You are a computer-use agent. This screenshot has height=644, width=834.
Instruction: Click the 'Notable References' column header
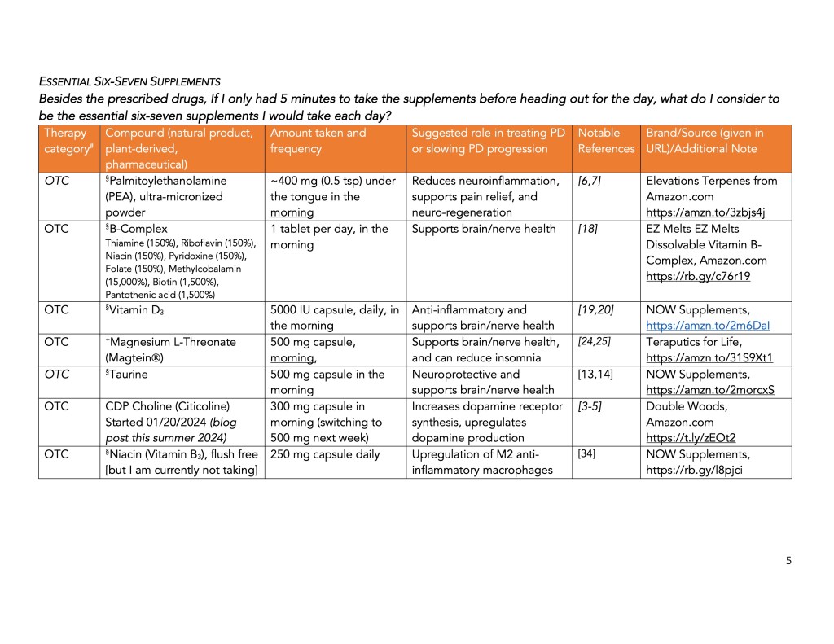tap(605, 141)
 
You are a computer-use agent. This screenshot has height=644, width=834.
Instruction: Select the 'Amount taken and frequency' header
tap(318, 141)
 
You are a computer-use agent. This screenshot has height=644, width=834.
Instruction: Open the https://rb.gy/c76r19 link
tap(698, 276)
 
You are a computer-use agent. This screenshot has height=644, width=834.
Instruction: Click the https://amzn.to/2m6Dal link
tap(708, 325)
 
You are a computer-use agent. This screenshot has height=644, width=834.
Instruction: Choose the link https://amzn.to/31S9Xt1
tap(708, 357)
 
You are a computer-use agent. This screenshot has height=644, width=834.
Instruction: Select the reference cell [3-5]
tap(589, 405)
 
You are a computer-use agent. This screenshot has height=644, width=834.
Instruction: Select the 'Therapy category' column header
tap(67, 141)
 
